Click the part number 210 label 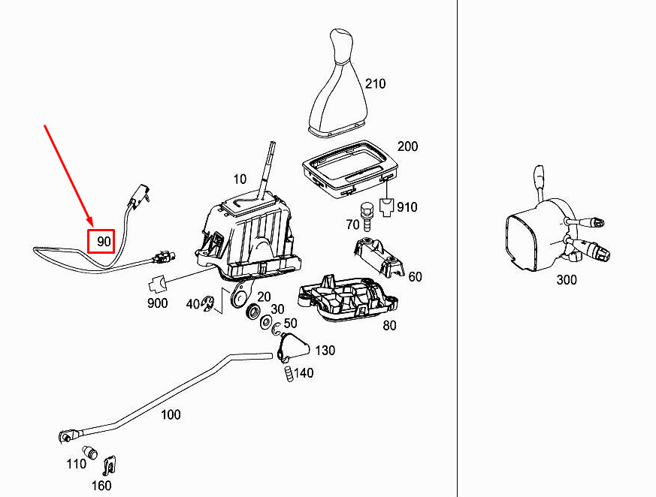pyautogui.click(x=375, y=83)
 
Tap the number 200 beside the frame pyautogui.click(x=407, y=146)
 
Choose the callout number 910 pyautogui.click(x=407, y=207)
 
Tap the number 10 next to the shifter pyautogui.click(x=240, y=179)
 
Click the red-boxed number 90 pyautogui.click(x=102, y=242)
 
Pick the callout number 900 pyautogui.click(x=157, y=303)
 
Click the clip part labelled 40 pyautogui.click(x=209, y=303)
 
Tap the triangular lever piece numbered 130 pyautogui.click(x=293, y=347)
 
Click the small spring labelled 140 pyautogui.click(x=287, y=373)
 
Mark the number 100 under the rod pyautogui.click(x=171, y=414)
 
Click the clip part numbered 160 pyautogui.click(x=109, y=467)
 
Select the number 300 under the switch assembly pyautogui.click(x=567, y=280)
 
